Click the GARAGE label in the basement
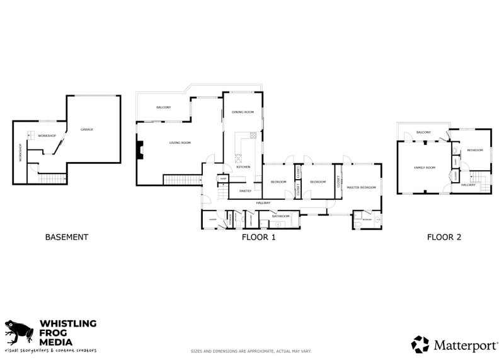click(x=87, y=130)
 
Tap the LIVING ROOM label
click(x=180, y=143)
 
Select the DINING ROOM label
click(x=243, y=112)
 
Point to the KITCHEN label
click(x=243, y=167)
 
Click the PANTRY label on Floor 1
click(x=245, y=191)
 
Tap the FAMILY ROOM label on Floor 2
click(x=424, y=168)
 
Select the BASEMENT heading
click(x=66, y=238)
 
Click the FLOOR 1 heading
click(x=258, y=238)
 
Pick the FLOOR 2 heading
click(x=444, y=238)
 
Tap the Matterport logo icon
click(x=420, y=344)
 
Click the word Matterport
click(x=465, y=344)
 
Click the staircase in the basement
click(x=52, y=180)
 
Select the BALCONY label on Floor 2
click(x=423, y=132)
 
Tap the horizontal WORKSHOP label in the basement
click(x=47, y=136)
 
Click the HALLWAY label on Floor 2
click(x=468, y=185)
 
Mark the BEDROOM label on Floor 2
click(x=475, y=150)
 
